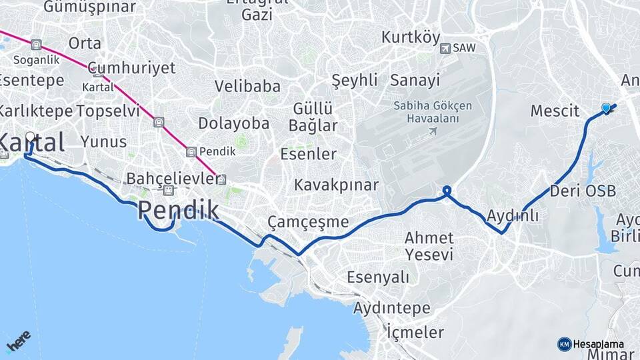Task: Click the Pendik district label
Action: tap(178, 211)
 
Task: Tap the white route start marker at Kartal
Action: tap(30, 137)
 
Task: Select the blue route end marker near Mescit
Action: tap(606, 108)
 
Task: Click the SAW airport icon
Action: tap(445, 48)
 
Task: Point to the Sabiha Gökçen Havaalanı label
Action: tap(432, 112)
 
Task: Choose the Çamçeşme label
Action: tap(307, 221)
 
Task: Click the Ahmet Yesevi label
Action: tap(429, 245)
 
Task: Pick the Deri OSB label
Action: tap(583, 191)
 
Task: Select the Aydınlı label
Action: tap(512, 216)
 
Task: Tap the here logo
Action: tap(18, 342)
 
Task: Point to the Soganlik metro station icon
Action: tap(36, 45)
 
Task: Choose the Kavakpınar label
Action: tap(336, 185)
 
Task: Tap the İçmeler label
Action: tap(415, 332)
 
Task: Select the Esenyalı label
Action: tap(377, 277)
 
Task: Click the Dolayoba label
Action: tap(233, 123)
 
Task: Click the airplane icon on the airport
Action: tap(433, 130)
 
